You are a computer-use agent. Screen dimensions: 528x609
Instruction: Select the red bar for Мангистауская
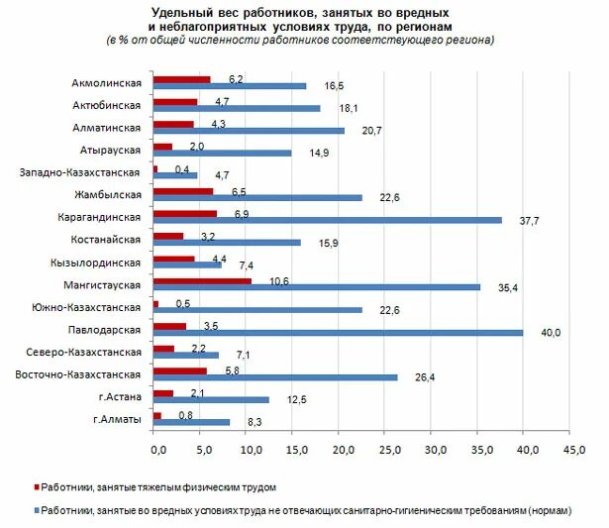[202, 281]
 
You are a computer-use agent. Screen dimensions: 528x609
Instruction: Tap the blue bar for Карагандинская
[327, 220]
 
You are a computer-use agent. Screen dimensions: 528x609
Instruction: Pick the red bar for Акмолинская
[181, 79]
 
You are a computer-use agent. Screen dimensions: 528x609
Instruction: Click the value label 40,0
[550, 333]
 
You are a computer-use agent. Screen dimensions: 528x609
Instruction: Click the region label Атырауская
[110, 150]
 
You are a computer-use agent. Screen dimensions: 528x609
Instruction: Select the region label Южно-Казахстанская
[89, 307]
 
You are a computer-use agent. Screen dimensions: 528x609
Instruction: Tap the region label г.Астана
[121, 397]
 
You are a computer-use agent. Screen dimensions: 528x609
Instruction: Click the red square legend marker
[38, 487]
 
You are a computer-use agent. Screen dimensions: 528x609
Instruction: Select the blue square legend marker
[38, 509]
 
